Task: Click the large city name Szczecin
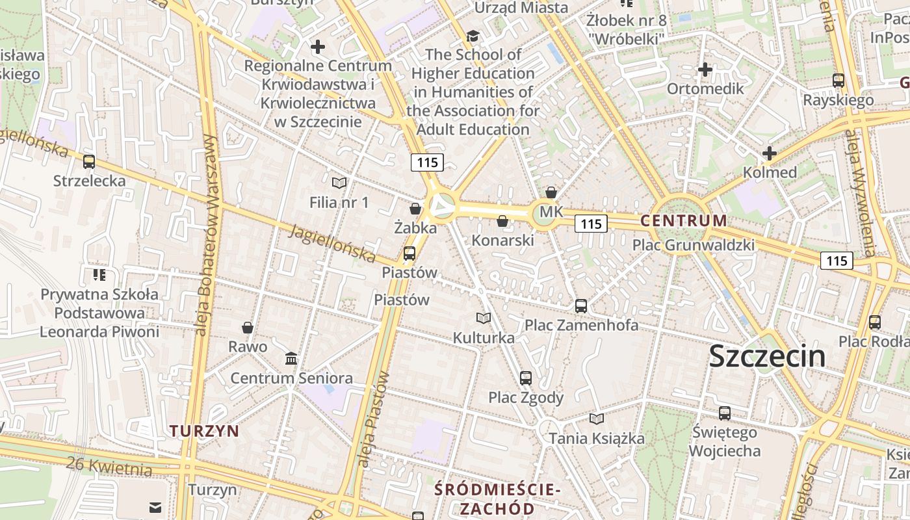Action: (767, 356)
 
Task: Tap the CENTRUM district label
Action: (683, 220)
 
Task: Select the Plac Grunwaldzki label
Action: (694, 245)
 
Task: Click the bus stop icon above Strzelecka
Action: (89, 161)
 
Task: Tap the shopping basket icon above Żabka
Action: (415, 209)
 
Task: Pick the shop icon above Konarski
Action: (502, 221)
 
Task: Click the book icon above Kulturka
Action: (483, 318)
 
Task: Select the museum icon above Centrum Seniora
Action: (291, 358)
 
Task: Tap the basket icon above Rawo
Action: (248, 327)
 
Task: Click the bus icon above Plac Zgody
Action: (526, 378)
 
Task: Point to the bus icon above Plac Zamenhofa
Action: (581, 305)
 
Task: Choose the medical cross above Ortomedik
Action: (705, 69)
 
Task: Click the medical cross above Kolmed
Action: (770, 153)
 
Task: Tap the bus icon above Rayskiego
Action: (838, 81)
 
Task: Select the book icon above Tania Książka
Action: (597, 419)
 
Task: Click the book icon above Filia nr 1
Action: (339, 183)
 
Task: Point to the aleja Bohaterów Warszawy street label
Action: (207, 234)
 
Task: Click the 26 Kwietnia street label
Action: (109, 465)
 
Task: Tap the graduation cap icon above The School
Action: (473, 36)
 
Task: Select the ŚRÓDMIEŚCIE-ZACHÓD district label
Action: (493, 499)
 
